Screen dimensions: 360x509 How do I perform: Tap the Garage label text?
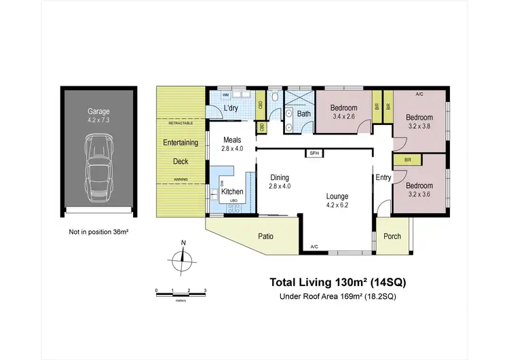pyautogui.click(x=99, y=111)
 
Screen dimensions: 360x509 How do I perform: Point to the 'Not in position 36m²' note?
pyautogui.click(x=99, y=232)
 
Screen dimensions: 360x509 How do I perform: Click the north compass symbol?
pyautogui.click(x=182, y=258)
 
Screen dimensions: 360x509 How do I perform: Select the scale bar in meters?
pyautogui.click(x=181, y=293)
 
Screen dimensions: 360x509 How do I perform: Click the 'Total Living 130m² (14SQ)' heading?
pyautogui.click(x=338, y=282)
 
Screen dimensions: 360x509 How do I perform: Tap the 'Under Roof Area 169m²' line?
pyautogui.click(x=338, y=297)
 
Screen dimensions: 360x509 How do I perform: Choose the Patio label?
pyautogui.click(x=266, y=236)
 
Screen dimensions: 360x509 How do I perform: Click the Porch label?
pyautogui.click(x=392, y=236)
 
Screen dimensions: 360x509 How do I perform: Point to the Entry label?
pyautogui.click(x=383, y=178)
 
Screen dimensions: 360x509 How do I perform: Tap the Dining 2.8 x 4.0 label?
pyautogui.click(x=280, y=181)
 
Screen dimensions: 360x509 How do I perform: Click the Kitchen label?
pyautogui.click(x=233, y=192)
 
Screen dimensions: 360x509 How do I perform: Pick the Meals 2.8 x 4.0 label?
pyautogui.click(x=232, y=144)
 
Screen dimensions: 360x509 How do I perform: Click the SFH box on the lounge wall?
pyautogui.click(x=314, y=154)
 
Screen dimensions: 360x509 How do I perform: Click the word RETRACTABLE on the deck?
pyautogui.click(x=180, y=124)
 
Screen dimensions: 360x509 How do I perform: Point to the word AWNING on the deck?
pyautogui.click(x=180, y=179)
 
